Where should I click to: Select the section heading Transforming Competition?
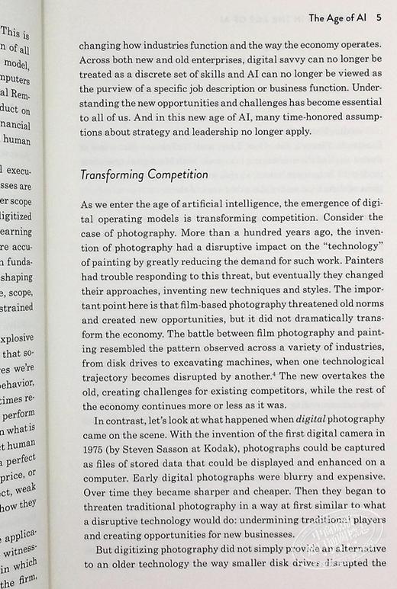[144, 174]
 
